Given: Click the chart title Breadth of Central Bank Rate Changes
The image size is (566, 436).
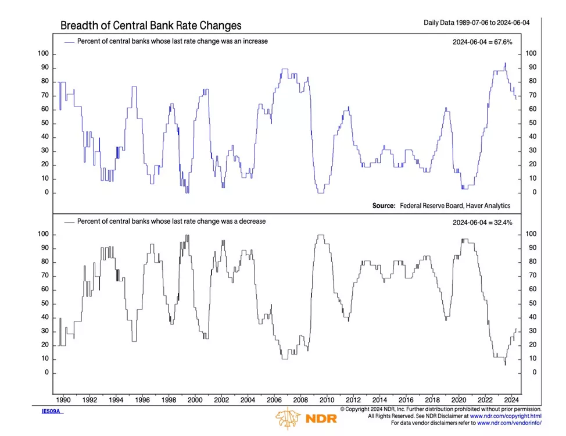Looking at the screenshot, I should point(151,26).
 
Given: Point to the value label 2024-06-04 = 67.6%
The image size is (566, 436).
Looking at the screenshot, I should point(482,42).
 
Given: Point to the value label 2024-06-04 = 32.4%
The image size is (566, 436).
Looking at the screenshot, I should point(482,222).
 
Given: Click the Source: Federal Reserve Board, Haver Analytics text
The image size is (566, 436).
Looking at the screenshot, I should point(441,206).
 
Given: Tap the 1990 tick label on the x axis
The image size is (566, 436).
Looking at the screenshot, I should point(63,400).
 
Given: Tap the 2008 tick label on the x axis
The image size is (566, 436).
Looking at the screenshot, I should point(300,400).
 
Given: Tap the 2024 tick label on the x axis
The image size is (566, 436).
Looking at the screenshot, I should point(511,400).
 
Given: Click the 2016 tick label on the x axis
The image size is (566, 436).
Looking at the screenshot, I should point(406,400).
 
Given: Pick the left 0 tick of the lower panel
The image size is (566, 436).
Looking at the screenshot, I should point(47,373).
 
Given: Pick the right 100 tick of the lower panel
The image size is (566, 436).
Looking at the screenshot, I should point(532,234).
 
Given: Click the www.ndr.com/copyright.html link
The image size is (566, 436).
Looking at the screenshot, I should point(506,416).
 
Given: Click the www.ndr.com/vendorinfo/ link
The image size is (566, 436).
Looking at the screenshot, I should point(508,423).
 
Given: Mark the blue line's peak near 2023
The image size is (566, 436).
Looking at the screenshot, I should point(505,63).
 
